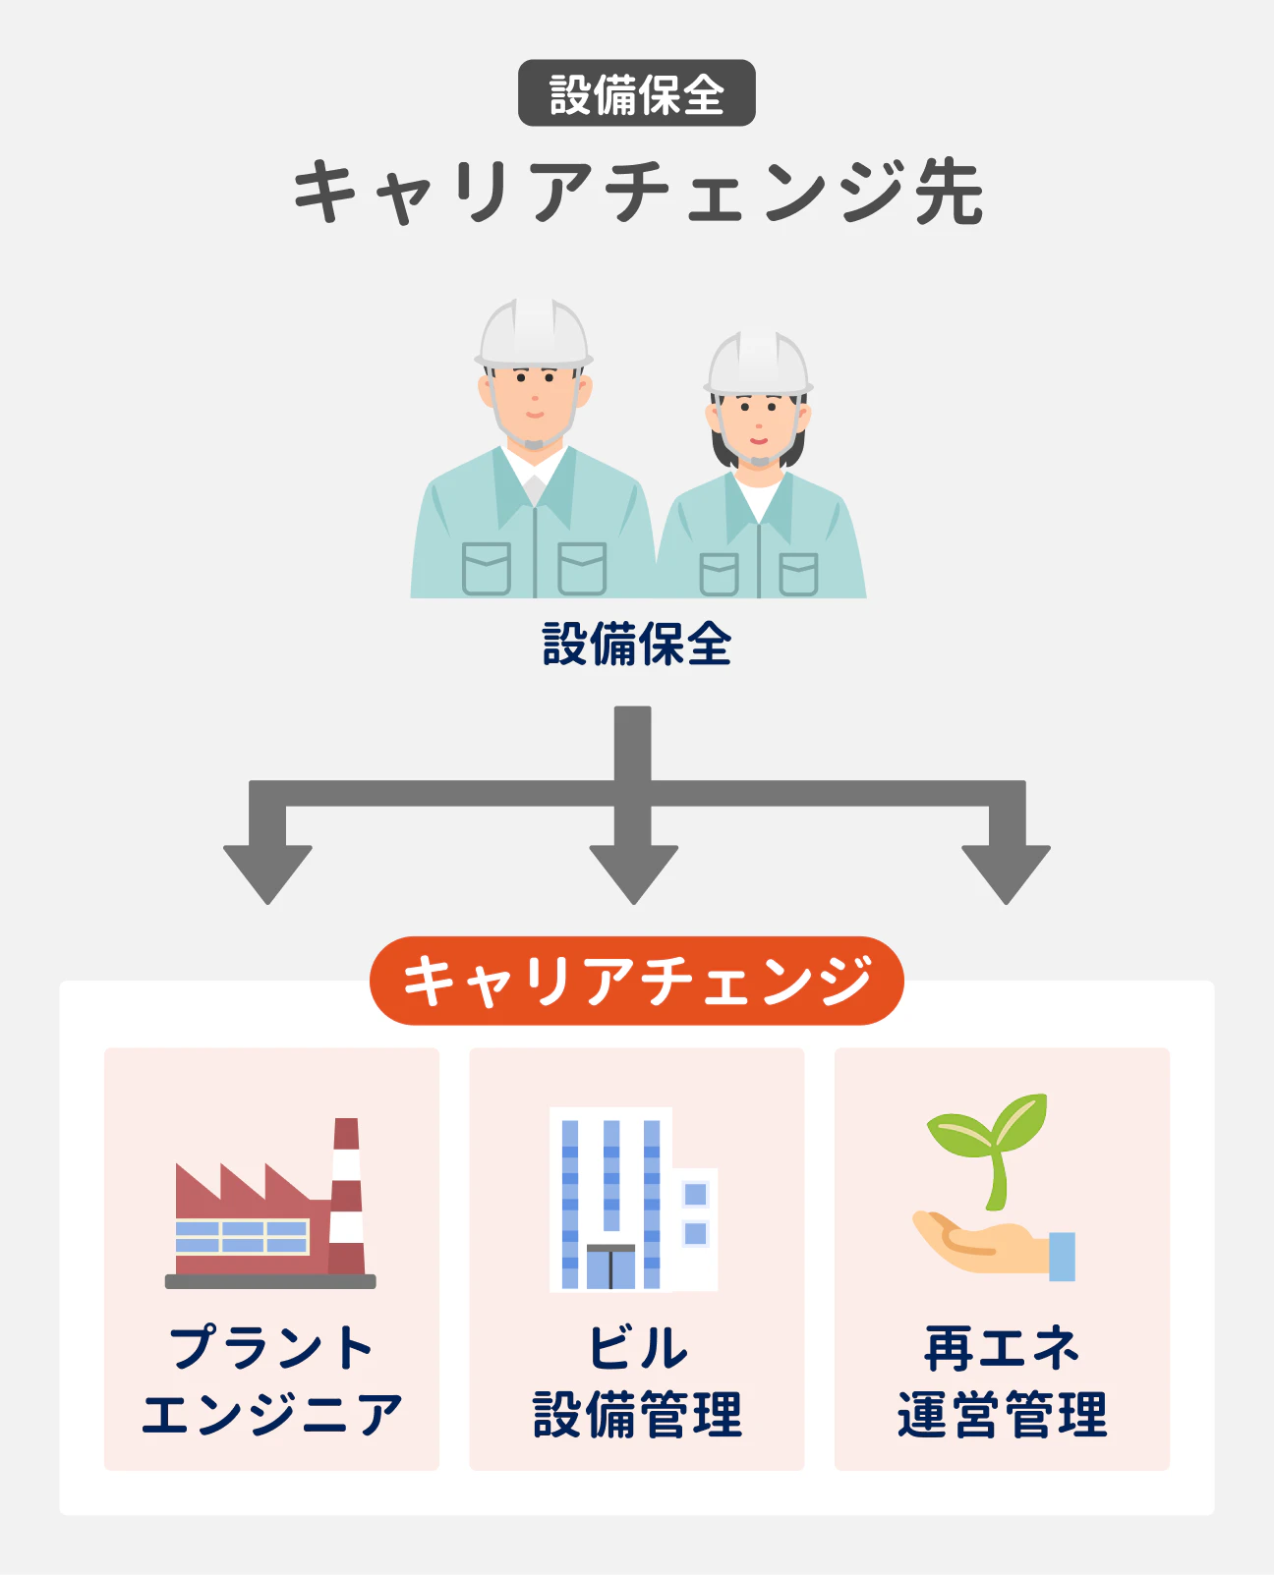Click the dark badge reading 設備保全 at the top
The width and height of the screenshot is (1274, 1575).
[636, 93]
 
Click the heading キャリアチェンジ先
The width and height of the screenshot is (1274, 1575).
[637, 191]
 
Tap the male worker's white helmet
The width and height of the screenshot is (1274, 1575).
[534, 334]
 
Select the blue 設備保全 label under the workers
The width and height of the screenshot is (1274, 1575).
[636, 645]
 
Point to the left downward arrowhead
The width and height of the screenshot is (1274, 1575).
[267, 871]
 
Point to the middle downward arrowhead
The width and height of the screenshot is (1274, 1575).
[633, 871]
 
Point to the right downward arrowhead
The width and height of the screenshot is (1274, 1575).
[1006, 871]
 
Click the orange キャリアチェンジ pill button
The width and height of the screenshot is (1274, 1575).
[636, 981]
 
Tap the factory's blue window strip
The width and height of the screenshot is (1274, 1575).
[242, 1237]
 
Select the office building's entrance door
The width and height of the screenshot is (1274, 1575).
[610, 1267]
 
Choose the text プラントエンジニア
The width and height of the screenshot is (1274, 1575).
[271, 1380]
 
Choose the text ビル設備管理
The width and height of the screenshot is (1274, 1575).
[637, 1380]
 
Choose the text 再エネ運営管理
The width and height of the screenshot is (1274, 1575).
[1002, 1380]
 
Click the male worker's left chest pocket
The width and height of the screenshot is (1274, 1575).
[486, 569]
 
